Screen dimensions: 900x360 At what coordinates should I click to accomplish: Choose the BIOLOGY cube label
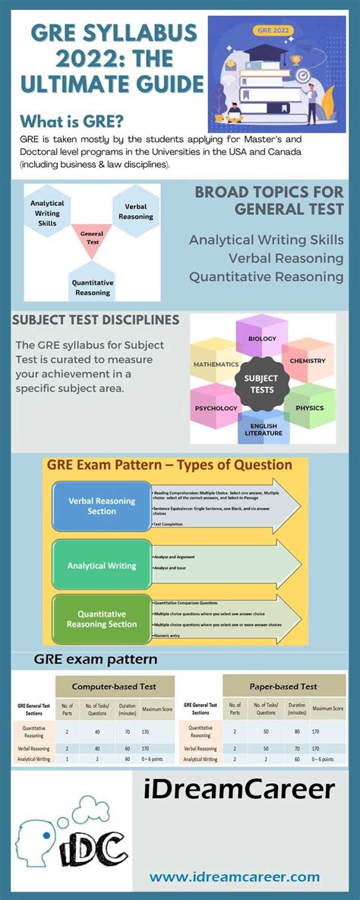coord(262,339)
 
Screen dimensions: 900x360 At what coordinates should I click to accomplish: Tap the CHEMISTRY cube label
coord(308,360)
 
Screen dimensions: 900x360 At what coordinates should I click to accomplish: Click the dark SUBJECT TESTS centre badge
coord(261,384)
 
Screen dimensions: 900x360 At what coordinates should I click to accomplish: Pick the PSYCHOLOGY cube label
coord(216,408)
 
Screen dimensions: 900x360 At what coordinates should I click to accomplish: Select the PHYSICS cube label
coord(310,408)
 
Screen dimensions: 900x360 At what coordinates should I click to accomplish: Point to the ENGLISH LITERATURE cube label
coord(263,430)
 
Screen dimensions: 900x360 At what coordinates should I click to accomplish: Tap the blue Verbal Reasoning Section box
coord(102,506)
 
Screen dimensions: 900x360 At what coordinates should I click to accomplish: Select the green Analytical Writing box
coord(102,565)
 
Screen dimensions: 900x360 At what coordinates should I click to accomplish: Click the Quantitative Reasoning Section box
coord(102,618)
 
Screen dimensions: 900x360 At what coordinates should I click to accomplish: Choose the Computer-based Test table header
coord(115,686)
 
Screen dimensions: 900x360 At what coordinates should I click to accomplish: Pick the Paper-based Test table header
coord(283,686)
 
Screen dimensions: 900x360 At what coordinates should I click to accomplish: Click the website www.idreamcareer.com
coord(235,876)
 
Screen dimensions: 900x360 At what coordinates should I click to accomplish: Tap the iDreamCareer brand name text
coord(238,790)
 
